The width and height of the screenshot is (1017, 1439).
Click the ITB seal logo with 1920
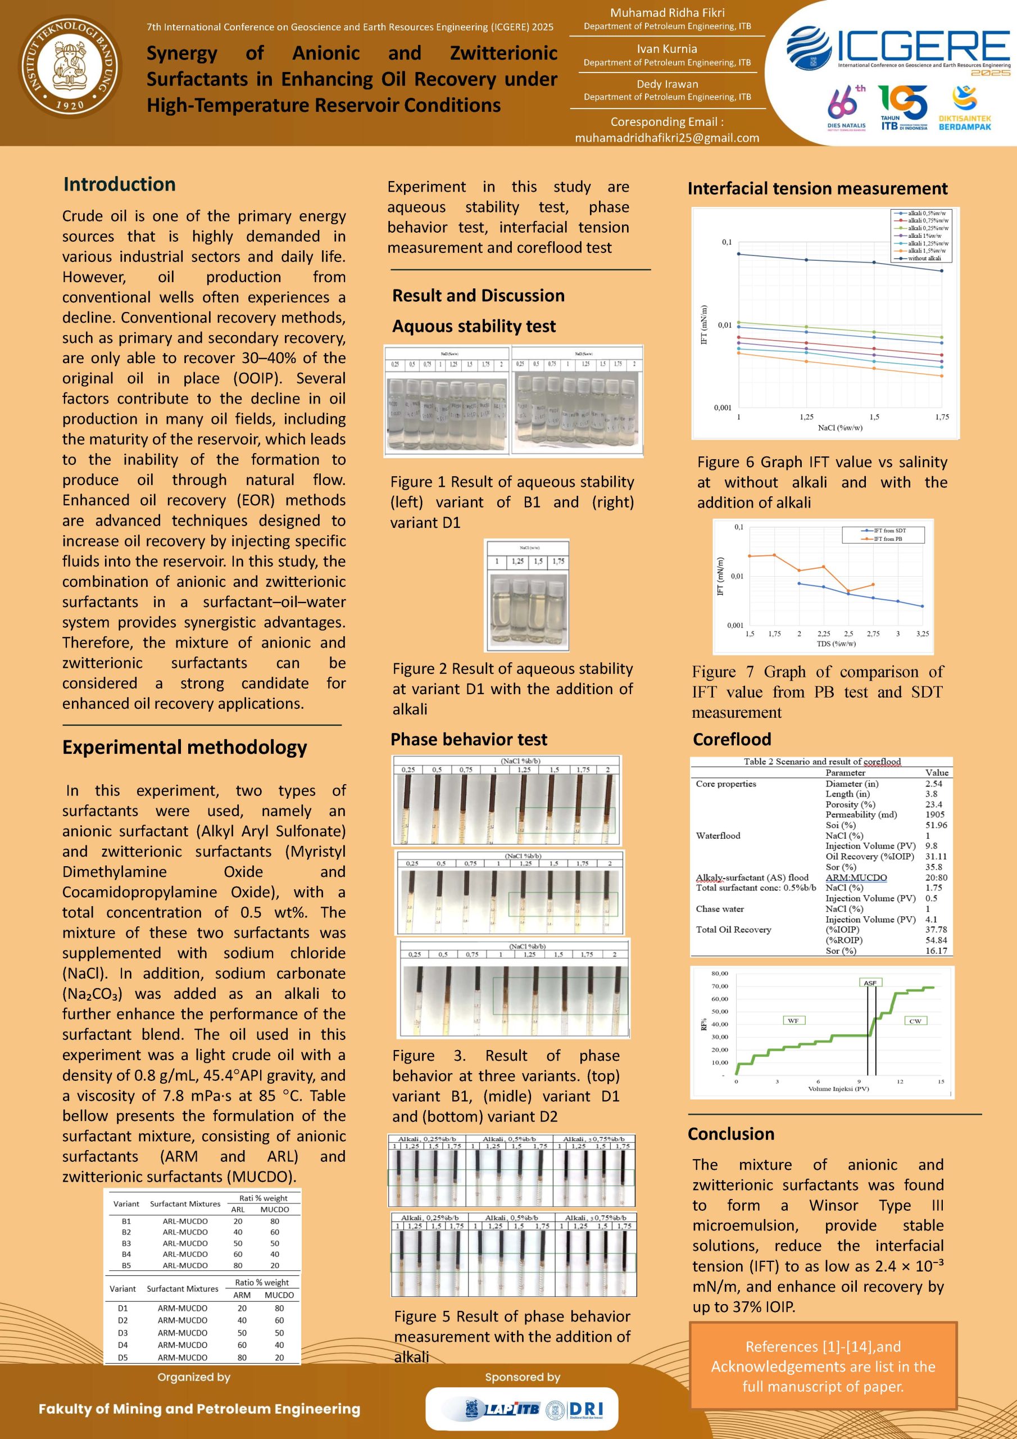click(x=71, y=66)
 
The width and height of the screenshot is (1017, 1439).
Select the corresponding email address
click(x=667, y=138)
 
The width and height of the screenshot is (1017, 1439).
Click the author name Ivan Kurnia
click(x=667, y=49)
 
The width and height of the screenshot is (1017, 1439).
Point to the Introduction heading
click(x=119, y=184)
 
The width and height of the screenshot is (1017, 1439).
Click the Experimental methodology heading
click(x=184, y=747)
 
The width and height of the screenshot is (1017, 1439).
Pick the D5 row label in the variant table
click(x=123, y=1357)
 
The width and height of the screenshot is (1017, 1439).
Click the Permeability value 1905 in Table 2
click(x=935, y=814)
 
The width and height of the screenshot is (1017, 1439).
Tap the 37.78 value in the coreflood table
click(x=936, y=930)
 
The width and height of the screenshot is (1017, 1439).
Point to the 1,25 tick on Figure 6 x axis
click(x=806, y=417)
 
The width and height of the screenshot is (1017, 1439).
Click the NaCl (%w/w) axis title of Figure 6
click(x=839, y=428)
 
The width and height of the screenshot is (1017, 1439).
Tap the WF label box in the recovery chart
click(x=793, y=1021)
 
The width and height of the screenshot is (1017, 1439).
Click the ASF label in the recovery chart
click(x=870, y=983)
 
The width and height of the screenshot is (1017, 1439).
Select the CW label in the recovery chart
click(x=915, y=1021)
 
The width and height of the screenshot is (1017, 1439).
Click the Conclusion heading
click(x=730, y=1134)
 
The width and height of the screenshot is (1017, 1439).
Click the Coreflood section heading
click(x=732, y=740)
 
